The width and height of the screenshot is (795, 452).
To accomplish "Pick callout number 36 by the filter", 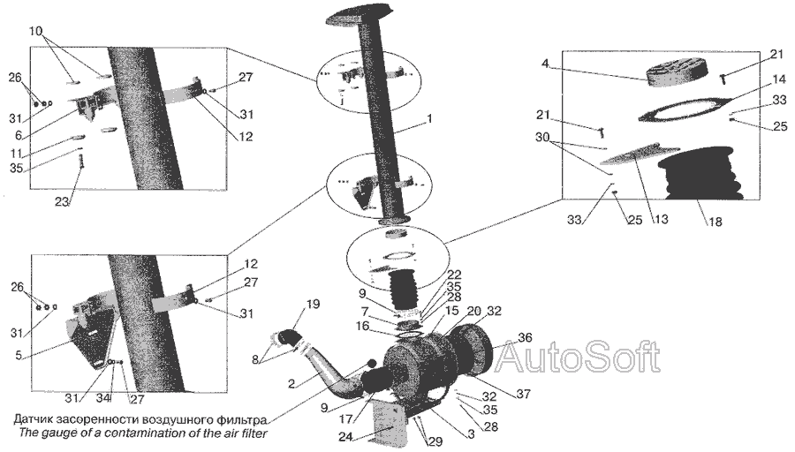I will [525, 336].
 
